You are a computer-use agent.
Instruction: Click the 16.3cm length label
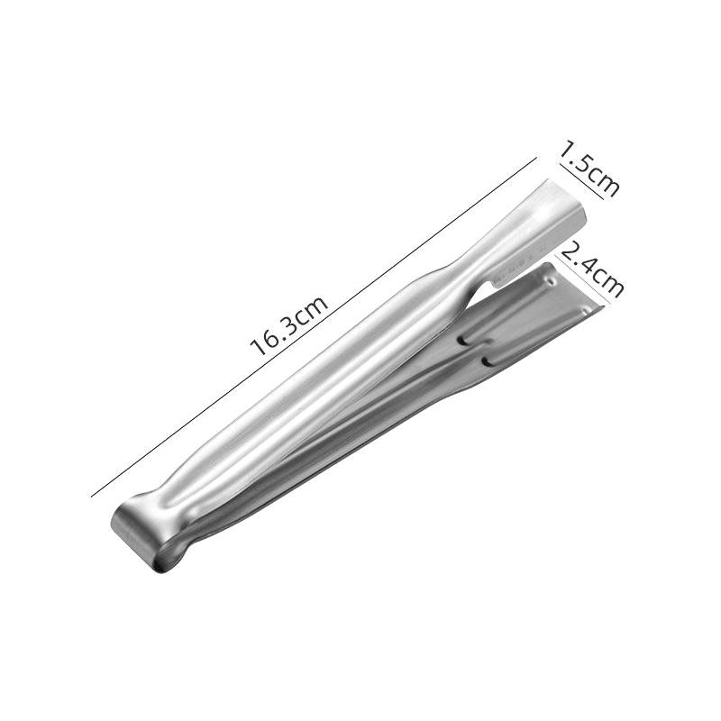click(x=288, y=326)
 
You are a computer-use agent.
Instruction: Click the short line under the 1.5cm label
click(x=581, y=182)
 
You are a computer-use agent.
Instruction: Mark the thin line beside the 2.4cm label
click(x=583, y=279)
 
